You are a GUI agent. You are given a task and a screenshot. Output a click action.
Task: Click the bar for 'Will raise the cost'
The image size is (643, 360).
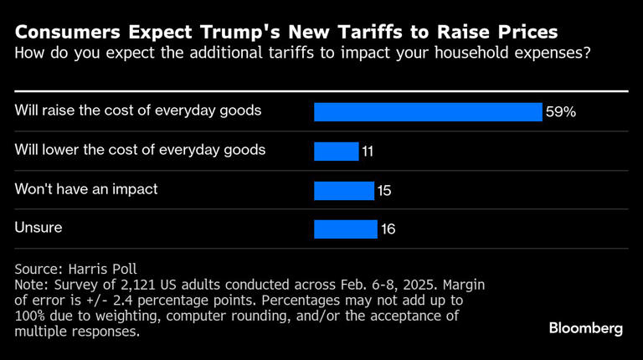coord(428,111)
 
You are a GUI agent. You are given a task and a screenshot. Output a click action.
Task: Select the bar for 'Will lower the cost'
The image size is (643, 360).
coord(336,151)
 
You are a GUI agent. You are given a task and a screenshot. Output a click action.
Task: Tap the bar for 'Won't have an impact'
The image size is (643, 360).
coord(343,190)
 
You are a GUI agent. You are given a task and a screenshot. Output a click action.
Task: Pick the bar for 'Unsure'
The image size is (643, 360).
coord(346,229)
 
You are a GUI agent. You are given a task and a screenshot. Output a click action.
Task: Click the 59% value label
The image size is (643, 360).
coord(561,111)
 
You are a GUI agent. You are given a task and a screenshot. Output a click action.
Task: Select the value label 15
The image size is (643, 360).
coord(384,191)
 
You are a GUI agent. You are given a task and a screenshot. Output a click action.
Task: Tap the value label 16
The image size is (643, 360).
coord(388,229)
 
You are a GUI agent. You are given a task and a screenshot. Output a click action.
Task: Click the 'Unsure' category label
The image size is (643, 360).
coord(39,228)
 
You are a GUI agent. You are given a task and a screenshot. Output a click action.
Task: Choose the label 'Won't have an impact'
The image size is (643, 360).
coord(86,189)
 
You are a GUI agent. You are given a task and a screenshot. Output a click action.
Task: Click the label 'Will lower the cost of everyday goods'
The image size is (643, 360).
coord(140,150)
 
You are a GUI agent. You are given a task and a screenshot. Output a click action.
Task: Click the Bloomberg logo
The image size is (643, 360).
coord(586,328)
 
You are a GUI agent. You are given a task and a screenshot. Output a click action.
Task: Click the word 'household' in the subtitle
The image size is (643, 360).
coord(404,54)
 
